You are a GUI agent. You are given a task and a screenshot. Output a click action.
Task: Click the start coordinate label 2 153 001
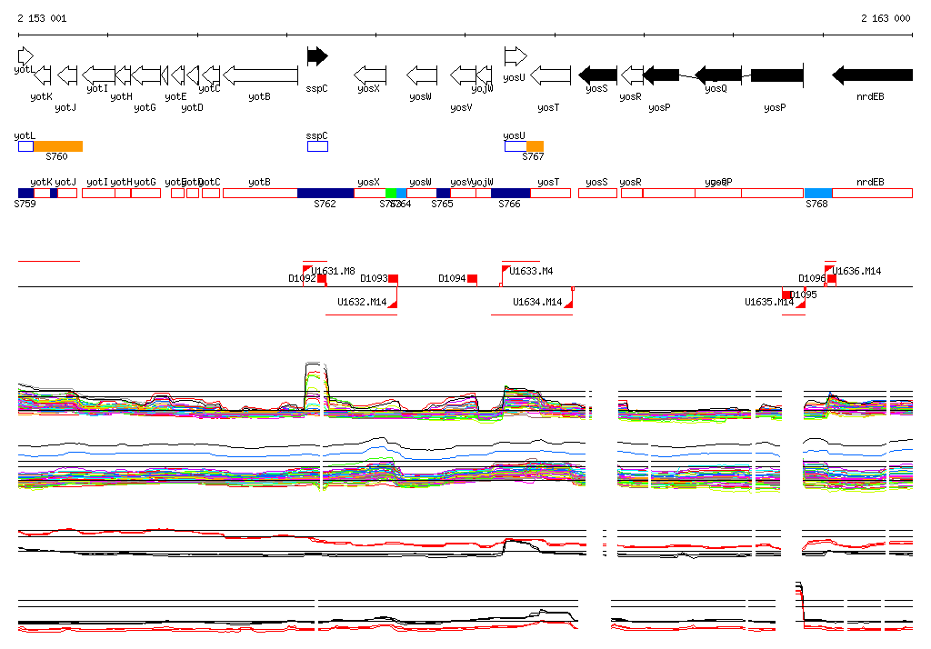[x=41, y=18]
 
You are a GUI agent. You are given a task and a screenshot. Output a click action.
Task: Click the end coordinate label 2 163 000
[x=886, y=18]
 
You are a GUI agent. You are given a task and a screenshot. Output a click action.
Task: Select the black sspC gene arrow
[x=316, y=56]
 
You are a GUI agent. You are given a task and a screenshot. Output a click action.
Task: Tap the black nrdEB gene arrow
[x=872, y=75]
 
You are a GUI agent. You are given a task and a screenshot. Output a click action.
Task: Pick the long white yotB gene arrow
[x=260, y=75]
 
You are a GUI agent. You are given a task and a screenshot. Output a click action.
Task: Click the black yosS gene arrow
[x=598, y=75]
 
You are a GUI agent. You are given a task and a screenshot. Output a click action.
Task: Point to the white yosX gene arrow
[x=370, y=75]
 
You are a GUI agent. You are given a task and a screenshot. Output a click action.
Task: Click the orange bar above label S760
[x=58, y=146]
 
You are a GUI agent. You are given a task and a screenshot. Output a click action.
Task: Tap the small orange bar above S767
[x=535, y=146]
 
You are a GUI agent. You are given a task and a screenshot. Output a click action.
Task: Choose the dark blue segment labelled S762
[x=325, y=193]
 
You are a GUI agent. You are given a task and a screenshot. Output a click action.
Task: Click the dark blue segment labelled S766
[x=510, y=193]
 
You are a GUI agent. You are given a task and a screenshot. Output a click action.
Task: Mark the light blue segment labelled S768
[x=818, y=193]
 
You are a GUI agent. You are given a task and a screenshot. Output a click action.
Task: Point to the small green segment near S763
[x=391, y=193]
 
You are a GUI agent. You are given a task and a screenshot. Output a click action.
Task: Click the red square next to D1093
[x=394, y=279]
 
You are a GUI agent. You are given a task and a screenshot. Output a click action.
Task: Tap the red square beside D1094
[x=472, y=279]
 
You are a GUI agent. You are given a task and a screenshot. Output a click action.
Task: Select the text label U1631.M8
[x=334, y=271]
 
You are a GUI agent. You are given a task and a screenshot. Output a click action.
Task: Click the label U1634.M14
[x=536, y=302]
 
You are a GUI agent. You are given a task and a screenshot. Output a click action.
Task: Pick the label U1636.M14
[x=858, y=271]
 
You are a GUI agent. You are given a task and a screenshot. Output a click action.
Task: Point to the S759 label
[x=25, y=205]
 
